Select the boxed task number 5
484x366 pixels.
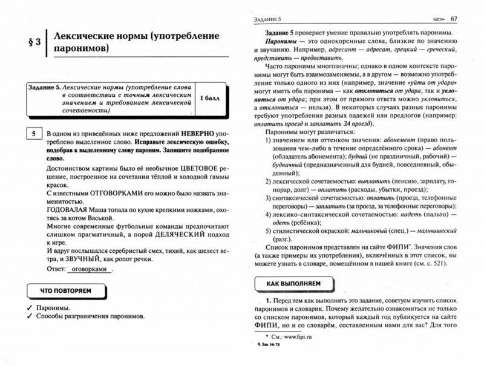pos(34,132)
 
